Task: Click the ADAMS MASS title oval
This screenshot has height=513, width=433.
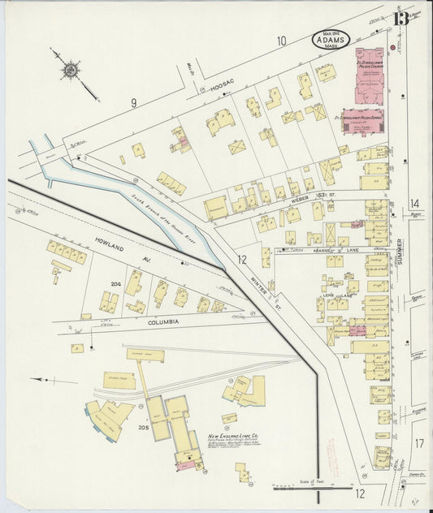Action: pyautogui.click(x=334, y=39)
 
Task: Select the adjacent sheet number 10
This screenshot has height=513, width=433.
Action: pyautogui.click(x=281, y=41)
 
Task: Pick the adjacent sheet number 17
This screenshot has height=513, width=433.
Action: pyautogui.click(x=418, y=443)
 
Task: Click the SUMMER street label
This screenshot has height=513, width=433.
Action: pyautogui.click(x=400, y=252)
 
